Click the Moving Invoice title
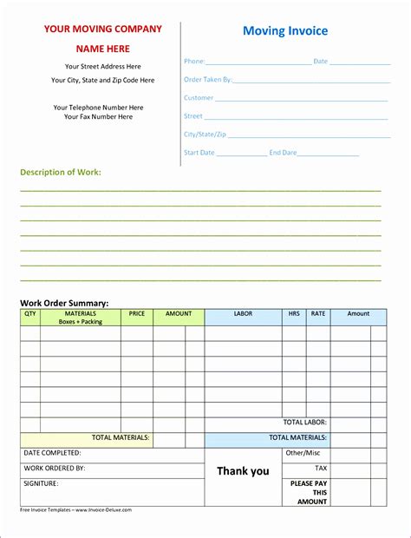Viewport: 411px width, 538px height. pos(285,31)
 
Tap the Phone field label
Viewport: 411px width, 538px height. pos(194,62)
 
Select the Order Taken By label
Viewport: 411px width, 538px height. pos(208,80)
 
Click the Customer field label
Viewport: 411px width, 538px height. pos(199,98)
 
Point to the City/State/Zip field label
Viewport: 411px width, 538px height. pos(204,134)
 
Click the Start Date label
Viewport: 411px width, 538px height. pos(199,153)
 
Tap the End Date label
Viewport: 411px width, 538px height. pos(283,153)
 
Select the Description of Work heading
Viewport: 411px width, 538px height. pos(61,172)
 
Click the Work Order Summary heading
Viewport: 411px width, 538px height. pos(64,303)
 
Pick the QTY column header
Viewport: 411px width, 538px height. pos(30,313)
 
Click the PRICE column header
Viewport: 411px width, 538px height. pos(137,313)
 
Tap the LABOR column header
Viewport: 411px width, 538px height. pos(243,313)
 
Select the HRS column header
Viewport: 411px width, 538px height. pos(295,313)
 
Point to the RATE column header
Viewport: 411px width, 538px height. pos(318,313)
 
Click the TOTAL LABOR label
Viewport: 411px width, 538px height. pos(305,422)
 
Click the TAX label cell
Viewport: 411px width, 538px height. pos(321,469)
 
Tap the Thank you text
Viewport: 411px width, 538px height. pos(243,471)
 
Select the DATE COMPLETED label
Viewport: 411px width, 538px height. pos(52,453)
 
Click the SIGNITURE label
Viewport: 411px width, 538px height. pos(41,483)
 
